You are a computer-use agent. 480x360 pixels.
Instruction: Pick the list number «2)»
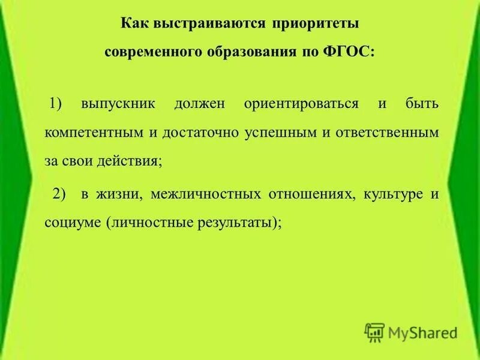58,194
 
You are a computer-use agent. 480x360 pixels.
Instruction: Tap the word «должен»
200,104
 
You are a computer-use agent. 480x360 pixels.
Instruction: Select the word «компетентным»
94,133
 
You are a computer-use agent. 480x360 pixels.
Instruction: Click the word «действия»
134,161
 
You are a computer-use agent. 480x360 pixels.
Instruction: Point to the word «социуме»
72,223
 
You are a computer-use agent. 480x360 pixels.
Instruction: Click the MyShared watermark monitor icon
374,332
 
